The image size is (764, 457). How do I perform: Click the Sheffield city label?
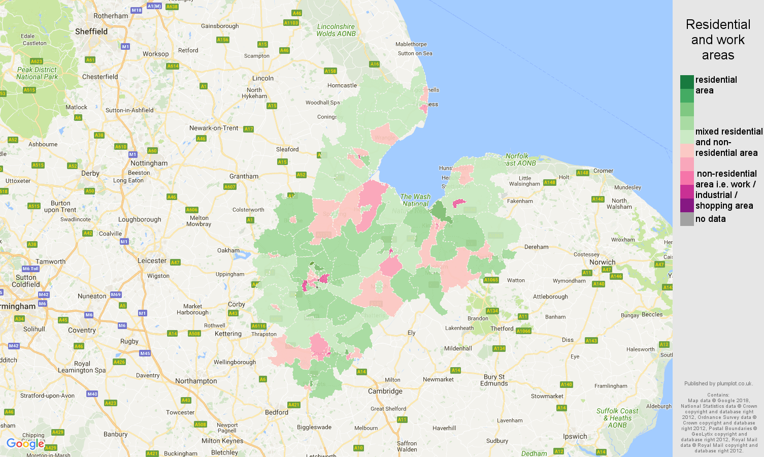tap(91, 31)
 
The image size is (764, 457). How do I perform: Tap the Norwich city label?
tap(602, 263)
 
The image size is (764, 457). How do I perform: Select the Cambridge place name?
tap(385, 391)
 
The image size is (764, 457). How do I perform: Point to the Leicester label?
tap(152, 260)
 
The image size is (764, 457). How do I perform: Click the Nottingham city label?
tap(149, 164)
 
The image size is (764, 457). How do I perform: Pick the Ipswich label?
tap(575, 436)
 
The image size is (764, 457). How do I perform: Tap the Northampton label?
tap(196, 381)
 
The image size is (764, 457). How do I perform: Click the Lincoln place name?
tap(263, 78)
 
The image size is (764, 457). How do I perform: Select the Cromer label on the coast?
tap(603, 171)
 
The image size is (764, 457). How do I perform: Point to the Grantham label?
tap(244, 176)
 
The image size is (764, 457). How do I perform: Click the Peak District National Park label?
tap(37, 73)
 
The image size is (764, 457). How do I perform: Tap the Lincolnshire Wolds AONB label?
tap(336, 30)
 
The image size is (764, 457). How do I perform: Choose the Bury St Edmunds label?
tap(494, 380)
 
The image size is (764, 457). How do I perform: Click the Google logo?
tap(25, 444)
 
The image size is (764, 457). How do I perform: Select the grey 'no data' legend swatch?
tap(687, 219)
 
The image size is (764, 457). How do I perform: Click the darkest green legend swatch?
tap(687, 82)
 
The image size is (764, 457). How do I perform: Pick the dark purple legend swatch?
tap(687, 205)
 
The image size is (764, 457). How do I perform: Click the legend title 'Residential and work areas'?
tap(718, 40)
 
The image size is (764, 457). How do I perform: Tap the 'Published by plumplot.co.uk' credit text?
tap(718, 383)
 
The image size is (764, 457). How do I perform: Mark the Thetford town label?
tap(502, 329)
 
